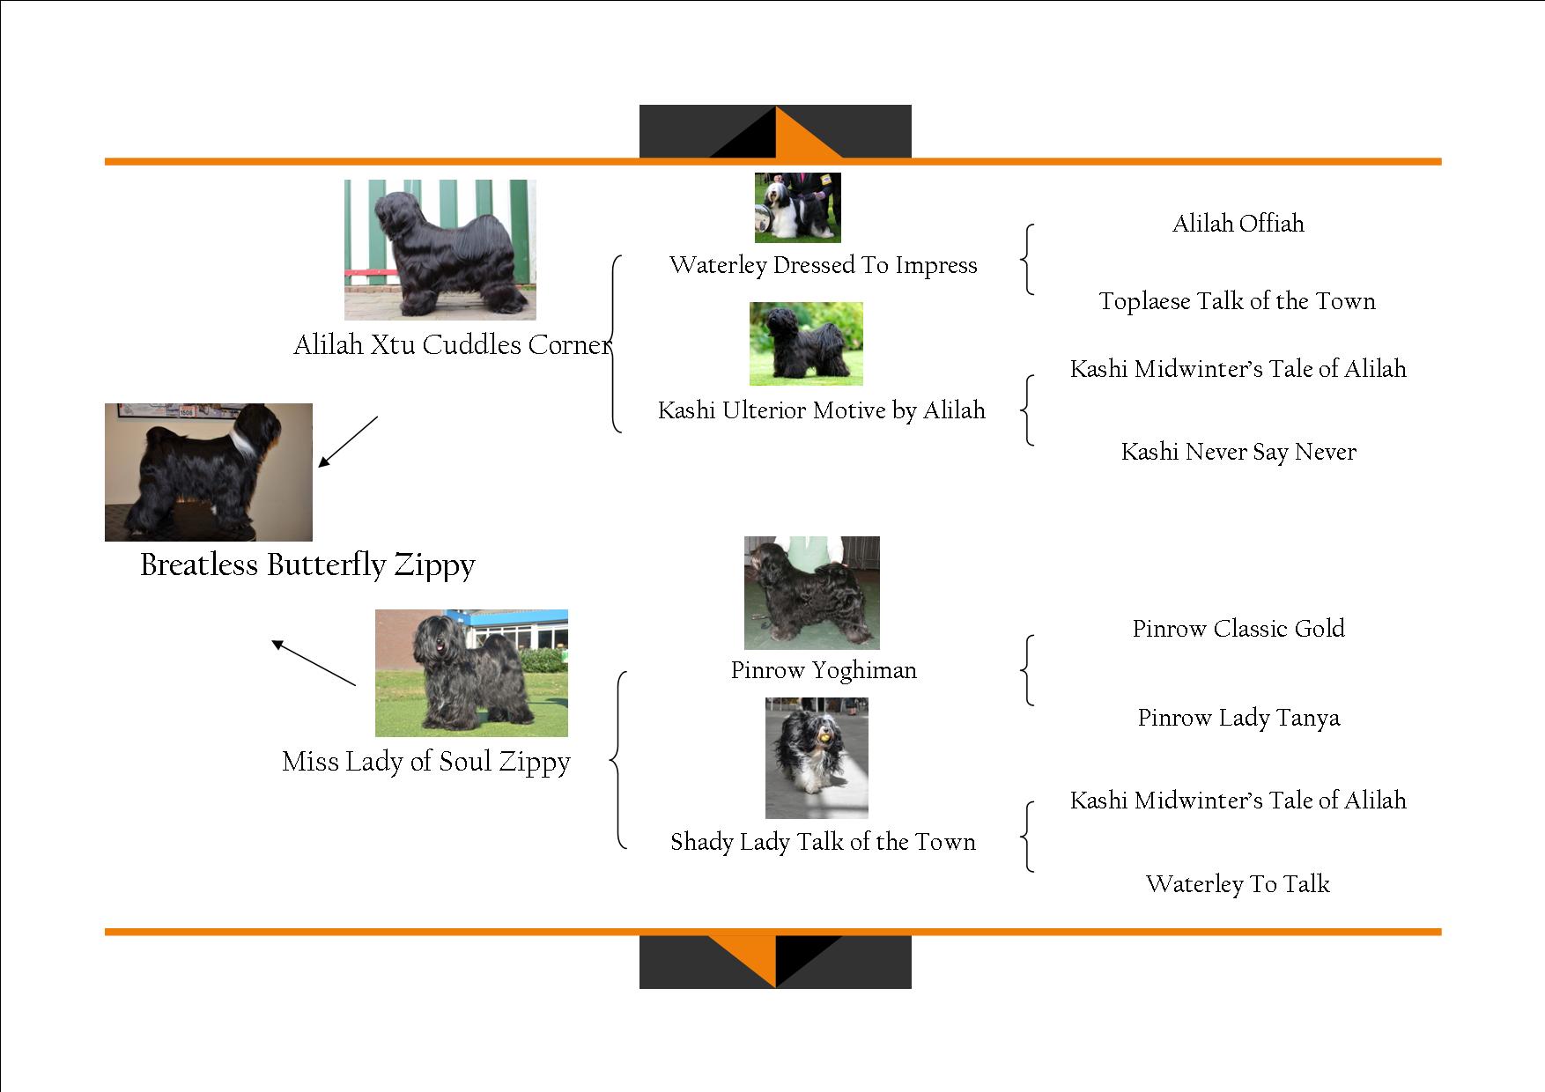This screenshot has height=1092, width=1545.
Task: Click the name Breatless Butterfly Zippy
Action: click(307, 564)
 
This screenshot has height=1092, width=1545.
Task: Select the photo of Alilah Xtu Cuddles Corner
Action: click(440, 249)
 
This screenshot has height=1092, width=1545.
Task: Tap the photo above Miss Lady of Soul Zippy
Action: click(471, 673)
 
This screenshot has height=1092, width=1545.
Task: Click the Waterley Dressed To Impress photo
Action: click(797, 207)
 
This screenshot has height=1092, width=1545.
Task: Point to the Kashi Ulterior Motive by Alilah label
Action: click(821, 410)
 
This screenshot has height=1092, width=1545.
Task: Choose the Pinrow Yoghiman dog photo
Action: click(811, 593)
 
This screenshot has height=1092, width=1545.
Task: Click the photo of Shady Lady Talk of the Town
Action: click(817, 757)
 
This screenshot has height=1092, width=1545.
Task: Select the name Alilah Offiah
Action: click(1238, 224)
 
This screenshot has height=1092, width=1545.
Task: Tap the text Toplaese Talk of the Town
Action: click(1237, 301)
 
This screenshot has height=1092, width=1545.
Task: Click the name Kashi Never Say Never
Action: click(1238, 452)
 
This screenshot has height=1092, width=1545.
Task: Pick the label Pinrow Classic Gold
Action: click(1238, 629)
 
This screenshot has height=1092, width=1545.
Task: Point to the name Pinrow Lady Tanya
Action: click(1238, 718)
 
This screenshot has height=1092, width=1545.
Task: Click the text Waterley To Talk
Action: click(1237, 884)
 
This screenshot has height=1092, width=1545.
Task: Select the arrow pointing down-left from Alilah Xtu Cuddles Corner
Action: click(348, 441)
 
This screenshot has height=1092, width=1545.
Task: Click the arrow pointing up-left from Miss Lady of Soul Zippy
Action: click(314, 663)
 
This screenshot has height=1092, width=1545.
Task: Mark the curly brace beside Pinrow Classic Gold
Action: click(1027, 670)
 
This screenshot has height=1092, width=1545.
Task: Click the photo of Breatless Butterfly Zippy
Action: click(209, 472)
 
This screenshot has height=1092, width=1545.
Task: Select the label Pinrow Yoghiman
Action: click(824, 671)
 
